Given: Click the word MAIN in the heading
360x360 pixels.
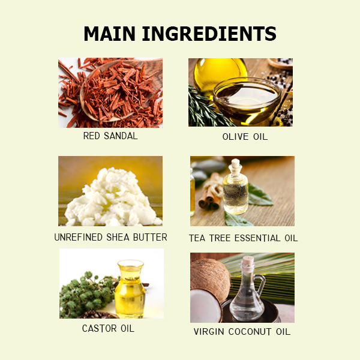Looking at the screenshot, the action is [109, 34].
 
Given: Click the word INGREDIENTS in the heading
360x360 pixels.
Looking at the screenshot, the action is [209, 34].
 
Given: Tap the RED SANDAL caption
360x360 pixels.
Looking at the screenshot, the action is [110, 136].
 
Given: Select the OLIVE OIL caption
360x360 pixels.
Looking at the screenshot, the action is [245, 137].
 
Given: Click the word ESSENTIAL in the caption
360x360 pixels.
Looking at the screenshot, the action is [257, 238].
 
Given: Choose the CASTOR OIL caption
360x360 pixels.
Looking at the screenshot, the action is [108, 328].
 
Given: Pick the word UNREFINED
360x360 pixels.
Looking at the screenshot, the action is [78, 237].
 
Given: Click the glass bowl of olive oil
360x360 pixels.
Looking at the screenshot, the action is [247, 101].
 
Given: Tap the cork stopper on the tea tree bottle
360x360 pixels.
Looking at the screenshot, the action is [235, 164].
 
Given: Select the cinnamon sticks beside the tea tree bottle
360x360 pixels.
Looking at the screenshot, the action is [211, 192].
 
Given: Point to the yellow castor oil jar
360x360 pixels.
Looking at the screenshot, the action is [130, 289].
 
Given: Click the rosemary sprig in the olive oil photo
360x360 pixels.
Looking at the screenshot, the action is [205, 108].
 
